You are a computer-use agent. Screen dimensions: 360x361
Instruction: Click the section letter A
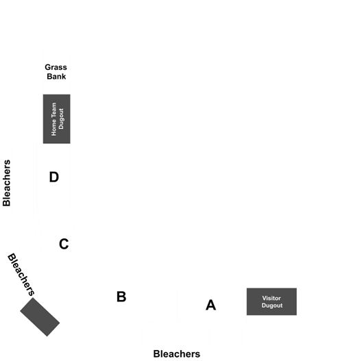tap(211, 305)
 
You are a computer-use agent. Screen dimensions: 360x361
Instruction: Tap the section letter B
tap(121, 297)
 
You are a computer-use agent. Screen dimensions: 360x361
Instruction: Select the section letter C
tap(64, 244)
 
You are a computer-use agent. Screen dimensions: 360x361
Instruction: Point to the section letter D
tap(54, 177)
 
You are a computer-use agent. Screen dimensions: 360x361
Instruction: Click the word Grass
tap(56, 67)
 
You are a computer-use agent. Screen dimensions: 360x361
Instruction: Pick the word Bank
tap(56, 76)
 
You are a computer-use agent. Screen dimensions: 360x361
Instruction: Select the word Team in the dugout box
tap(53, 112)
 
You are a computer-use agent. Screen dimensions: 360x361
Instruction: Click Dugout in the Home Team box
tap(61, 119)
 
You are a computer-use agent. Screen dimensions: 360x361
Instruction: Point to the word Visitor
tap(272, 298)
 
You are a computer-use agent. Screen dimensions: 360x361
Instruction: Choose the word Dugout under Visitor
tap(272, 306)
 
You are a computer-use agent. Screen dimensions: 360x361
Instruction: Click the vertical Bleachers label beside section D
tap(7, 183)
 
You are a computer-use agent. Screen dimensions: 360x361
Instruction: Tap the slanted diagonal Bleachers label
tap(21, 275)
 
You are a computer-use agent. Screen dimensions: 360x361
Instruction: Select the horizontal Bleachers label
tap(177, 354)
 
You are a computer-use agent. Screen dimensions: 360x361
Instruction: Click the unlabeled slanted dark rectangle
tap(40, 317)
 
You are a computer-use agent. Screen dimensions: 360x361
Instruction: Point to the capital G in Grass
tap(48, 67)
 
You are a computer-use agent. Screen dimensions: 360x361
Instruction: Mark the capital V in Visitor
tap(265, 298)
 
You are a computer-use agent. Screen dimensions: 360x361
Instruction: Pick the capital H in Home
tap(53, 134)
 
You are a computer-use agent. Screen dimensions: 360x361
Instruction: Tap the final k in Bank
tap(64, 76)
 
